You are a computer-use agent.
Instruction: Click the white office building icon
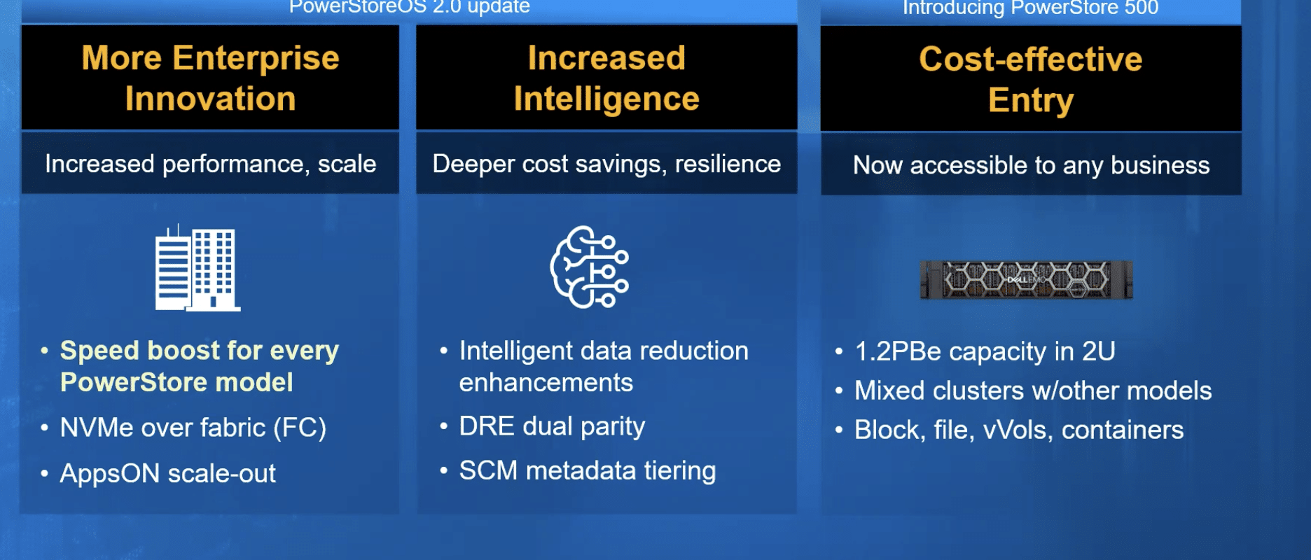pos(197,267)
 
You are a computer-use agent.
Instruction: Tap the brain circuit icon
pos(590,267)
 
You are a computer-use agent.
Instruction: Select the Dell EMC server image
pos(1026,279)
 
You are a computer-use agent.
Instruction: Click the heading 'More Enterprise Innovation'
pos(210,78)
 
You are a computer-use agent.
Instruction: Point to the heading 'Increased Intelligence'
pos(606,78)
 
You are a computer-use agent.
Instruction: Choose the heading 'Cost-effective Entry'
pos(1031,79)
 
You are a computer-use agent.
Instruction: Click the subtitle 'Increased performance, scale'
pos(210,164)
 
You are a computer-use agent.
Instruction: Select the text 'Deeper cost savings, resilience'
pos(606,164)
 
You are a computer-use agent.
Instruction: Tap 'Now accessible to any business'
pos(1031,165)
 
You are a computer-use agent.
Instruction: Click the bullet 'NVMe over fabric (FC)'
pos(193,428)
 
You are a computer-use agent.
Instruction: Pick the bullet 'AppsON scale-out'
pos(167,474)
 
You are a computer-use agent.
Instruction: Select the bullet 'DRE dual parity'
pos(552,426)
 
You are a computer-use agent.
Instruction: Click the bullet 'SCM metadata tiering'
pos(587,471)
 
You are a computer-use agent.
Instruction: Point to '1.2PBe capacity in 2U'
pos(985,351)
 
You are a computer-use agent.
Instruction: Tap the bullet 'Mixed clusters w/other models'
pos(1033,391)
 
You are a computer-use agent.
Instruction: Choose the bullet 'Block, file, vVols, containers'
pos(1019,430)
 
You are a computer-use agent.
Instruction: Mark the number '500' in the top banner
pos(1142,8)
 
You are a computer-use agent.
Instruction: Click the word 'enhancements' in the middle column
pos(546,383)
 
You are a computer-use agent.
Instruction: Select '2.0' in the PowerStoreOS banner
pos(447,7)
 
